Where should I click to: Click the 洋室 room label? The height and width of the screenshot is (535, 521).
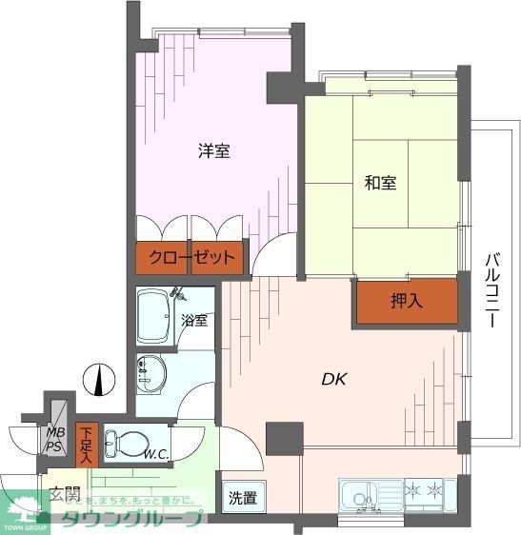tap(213, 150)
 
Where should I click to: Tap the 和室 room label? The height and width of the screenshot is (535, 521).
tap(380, 183)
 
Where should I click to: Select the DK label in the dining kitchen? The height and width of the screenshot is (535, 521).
tap(333, 379)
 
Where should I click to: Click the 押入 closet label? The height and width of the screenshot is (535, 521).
tap(407, 301)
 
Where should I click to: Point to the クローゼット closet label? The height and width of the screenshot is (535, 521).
tap(190, 258)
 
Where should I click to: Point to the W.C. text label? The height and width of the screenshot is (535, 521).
tap(156, 455)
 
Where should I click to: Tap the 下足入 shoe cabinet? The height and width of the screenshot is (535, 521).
tap(87, 445)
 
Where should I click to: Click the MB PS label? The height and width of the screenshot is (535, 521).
tap(56, 439)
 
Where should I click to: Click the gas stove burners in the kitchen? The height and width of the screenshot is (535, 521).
tap(423, 492)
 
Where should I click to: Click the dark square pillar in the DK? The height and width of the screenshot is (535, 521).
tap(283, 437)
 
